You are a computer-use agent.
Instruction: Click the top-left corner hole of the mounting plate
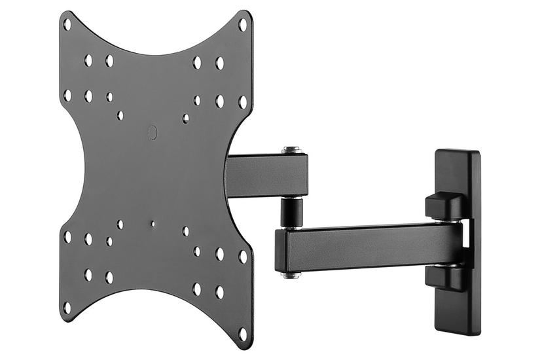tap(67, 25)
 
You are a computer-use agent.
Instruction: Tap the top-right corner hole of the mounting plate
tap(242, 25)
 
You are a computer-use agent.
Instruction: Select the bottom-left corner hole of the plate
tap(67, 306)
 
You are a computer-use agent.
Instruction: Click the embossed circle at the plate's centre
tap(152, 132)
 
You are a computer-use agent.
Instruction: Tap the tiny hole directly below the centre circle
tap(153, 223)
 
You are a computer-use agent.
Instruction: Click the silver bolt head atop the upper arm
tap(291, 150)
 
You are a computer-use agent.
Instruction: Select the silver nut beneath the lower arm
tap(291, 275)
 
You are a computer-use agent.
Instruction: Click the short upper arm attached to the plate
tap(265, 175)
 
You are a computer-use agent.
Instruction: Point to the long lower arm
tap(373, 247)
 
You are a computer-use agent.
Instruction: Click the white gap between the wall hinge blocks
tap(465, 239)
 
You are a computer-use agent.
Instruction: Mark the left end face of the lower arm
tap(279, 251)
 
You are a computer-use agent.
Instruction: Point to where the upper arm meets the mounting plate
tap(229, 175)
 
